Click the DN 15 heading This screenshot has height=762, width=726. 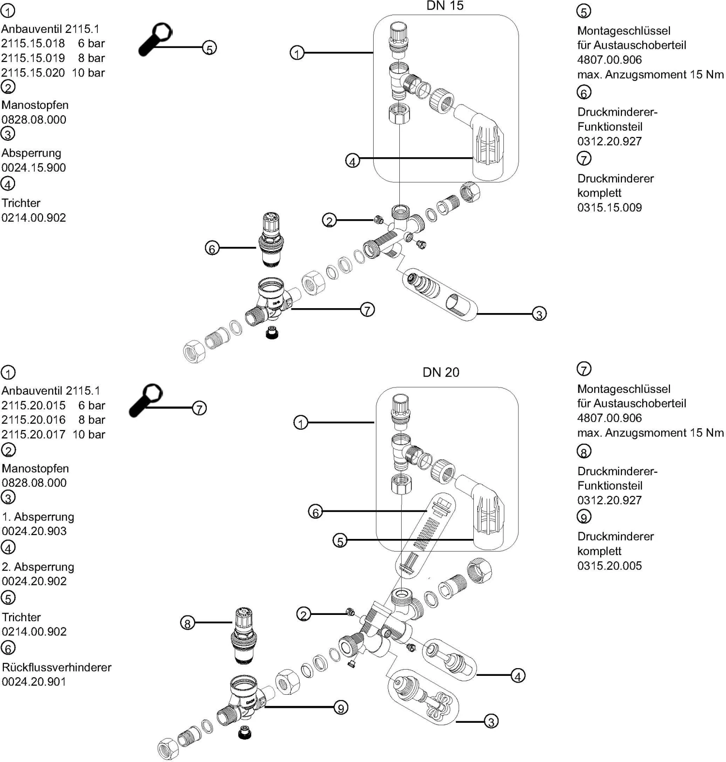(x=445, y=6)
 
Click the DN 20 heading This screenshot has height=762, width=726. (x=440, y=372)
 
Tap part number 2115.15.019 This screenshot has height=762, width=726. (x=33, y=58)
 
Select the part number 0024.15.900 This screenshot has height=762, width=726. (x=33, y=168)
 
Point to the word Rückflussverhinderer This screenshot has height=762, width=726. (x=57, y=667)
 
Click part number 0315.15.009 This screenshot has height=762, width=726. (x=609, y=208)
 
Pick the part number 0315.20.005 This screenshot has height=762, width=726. (x=609, y=566)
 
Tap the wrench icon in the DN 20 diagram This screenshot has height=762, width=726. (x=146, y=400)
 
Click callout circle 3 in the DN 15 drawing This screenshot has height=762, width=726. (x=539, y=314)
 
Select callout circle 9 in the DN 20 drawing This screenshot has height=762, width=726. (x=341, y=708)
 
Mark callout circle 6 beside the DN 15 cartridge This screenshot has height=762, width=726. (x=212, y=248)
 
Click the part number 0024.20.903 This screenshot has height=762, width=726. (x=34, y=531)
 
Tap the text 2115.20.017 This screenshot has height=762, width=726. (x=33, y=434)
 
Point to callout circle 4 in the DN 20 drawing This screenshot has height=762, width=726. (x=518, y=676)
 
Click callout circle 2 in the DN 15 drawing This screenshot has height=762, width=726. (x=329, y=221)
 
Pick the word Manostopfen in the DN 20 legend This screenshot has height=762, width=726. (x=35, y=468)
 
